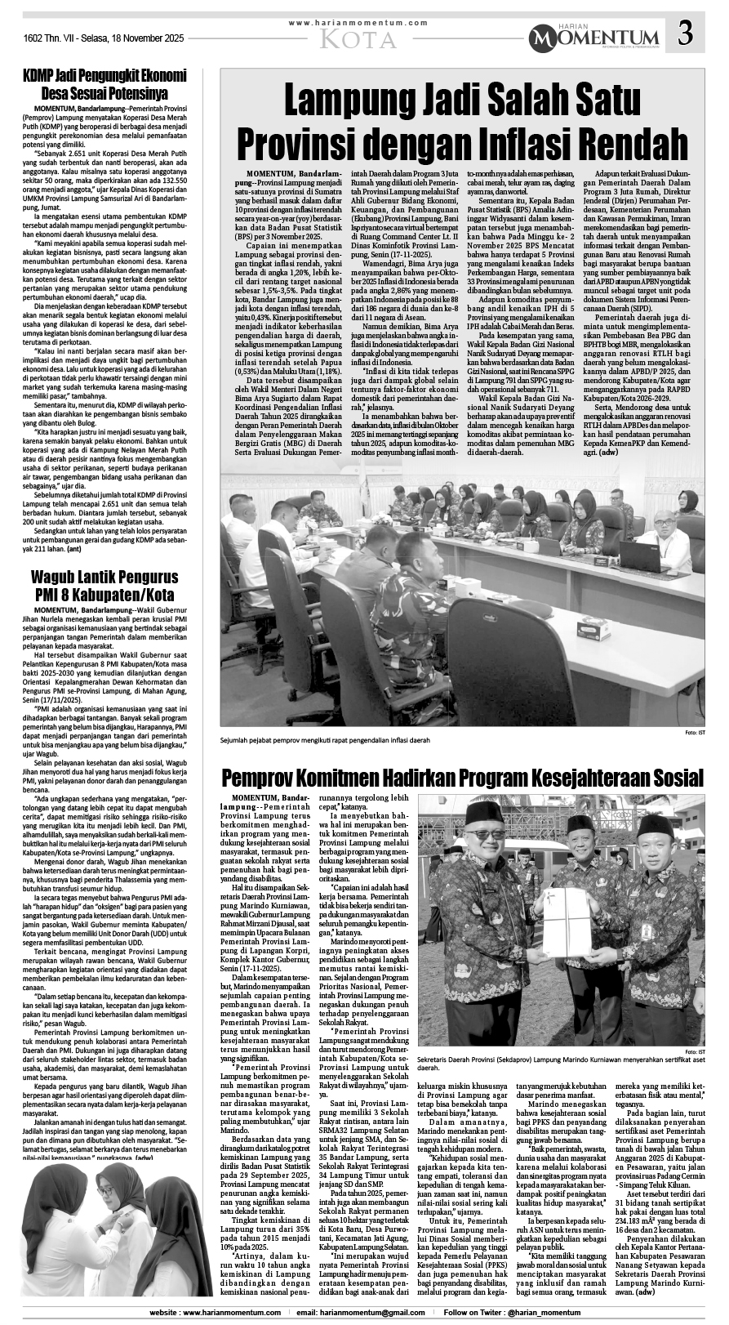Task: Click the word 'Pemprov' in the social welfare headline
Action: (x=268, y=776)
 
